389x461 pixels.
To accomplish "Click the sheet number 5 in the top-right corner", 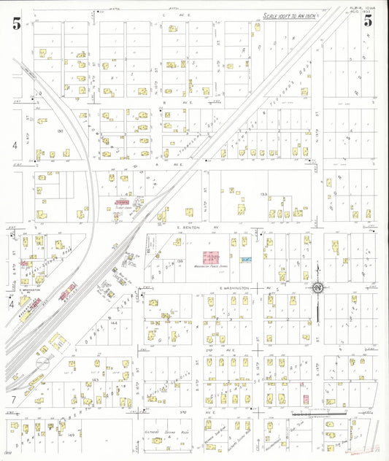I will coord(369,20).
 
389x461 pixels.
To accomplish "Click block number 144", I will coord(114,322).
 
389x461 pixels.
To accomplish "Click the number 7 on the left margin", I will coord(13,400).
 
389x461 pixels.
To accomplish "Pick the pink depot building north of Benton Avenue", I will coord(121,202).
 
